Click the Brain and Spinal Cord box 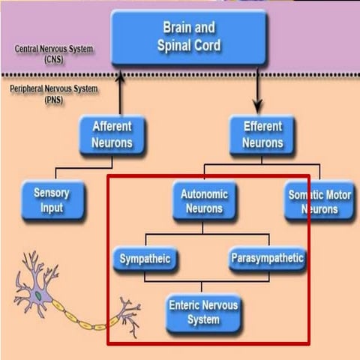(x=188, y=36)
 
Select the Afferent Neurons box (x=112, y=134)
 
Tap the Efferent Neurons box (x=262, y=134)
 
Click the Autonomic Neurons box (x=204, y=200)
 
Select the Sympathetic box (x=145, y=259)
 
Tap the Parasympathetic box (x=267, y=259)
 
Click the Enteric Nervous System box (x=204, y=313)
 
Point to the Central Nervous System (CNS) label (x=54, y=53)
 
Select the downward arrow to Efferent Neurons (x=259, y=94)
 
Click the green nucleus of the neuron (x=38, y=295)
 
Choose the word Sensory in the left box (x=51, y=193)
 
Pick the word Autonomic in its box (x=204, y=193)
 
